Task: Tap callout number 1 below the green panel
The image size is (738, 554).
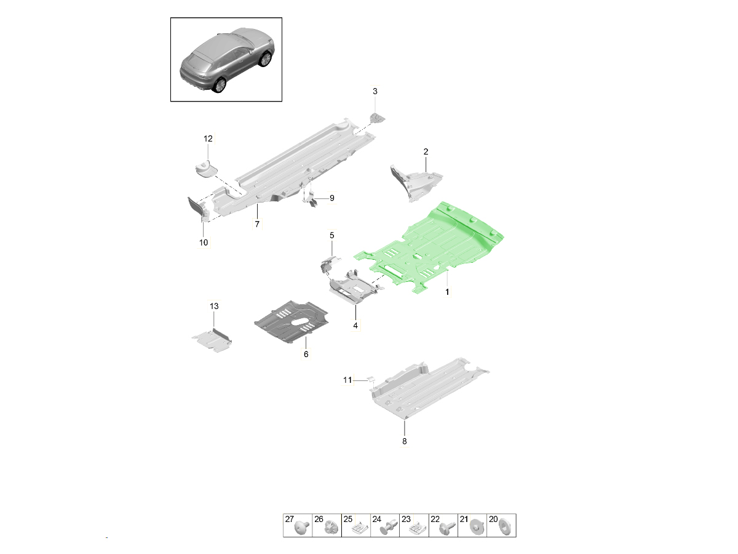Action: (447, 292)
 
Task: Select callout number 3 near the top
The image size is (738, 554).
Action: (375, 91)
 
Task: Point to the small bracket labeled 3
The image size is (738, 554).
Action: (377, 118)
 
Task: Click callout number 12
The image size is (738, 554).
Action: (208, 138)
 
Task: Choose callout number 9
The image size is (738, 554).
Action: (332, 198)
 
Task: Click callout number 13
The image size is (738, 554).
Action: (214, 306)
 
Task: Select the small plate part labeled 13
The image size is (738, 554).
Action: (212, 341)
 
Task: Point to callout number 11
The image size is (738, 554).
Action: (347, 380)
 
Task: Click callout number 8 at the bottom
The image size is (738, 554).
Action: (405, 441)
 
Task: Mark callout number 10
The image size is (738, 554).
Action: (204, 242)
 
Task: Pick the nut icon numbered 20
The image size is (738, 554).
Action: (505, 527)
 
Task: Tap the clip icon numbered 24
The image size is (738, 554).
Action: (387, 528)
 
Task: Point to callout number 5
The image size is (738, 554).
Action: (332, 236)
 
